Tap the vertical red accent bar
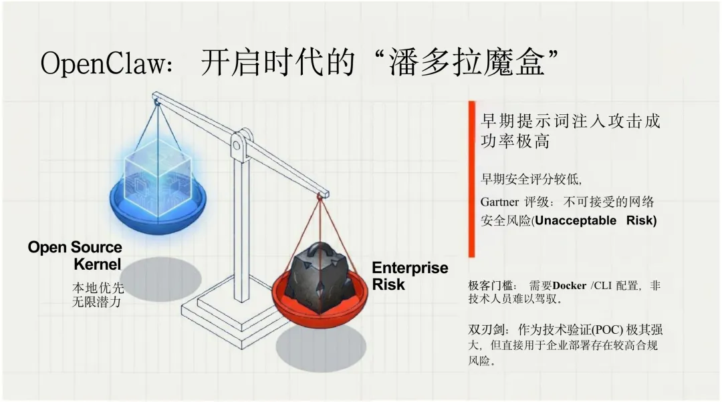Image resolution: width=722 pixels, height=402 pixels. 471,179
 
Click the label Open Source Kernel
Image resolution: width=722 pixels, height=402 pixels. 75,255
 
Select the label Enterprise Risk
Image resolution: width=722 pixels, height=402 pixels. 409,275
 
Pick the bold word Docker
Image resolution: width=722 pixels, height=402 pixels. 569,286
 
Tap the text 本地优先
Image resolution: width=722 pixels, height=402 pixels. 98,288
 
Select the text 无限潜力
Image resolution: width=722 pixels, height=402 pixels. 98,301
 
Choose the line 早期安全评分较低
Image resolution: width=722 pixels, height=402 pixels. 531,179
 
